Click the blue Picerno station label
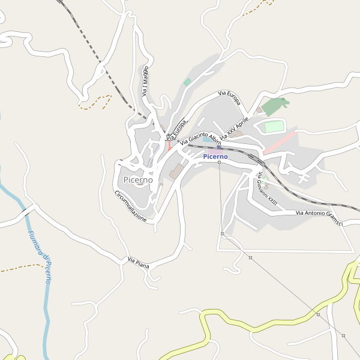215,157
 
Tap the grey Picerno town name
137,179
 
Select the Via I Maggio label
145,82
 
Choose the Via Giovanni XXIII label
267,190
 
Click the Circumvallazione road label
130,206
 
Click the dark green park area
274,106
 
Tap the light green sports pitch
273,127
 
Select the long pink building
280,143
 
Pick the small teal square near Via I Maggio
187,82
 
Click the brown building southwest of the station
176,172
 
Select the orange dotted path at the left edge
18,268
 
